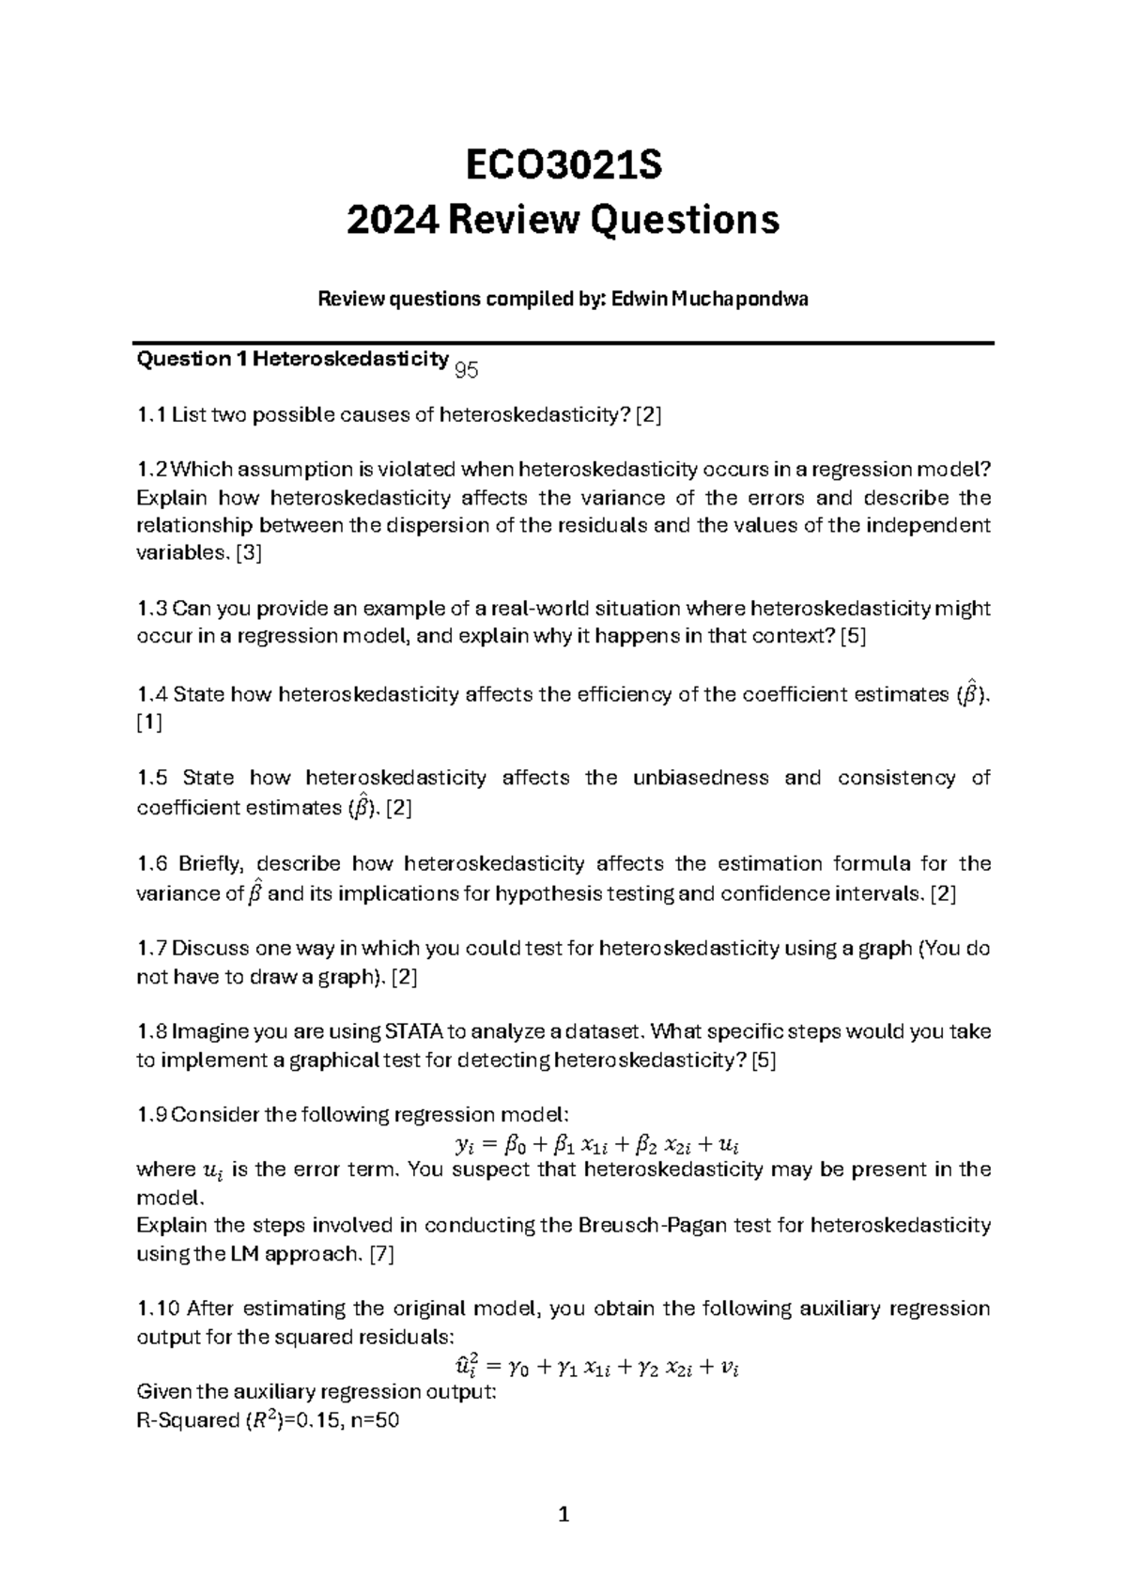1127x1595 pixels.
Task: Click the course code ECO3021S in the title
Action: (x=563, y=165)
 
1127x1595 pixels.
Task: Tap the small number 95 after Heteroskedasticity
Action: (x=467, y=372)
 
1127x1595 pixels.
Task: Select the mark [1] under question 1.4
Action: (x=149, y=723)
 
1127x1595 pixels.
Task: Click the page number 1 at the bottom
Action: (x=563, y=1515)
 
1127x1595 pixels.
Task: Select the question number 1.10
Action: (x=158, y=1309)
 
